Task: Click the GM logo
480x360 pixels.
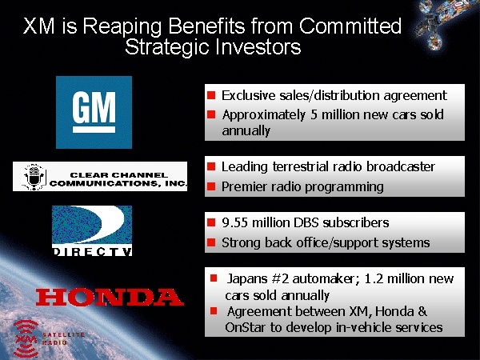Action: coord(94,112)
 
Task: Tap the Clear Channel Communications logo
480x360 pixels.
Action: coord(100,177)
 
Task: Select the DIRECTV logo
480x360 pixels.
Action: coord(92,231)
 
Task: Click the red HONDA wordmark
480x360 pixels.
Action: coord(110,297)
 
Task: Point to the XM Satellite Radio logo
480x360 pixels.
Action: coord(46,338)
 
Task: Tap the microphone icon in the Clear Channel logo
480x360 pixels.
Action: coord(34,177)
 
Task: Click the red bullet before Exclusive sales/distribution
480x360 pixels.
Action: coord(211,95)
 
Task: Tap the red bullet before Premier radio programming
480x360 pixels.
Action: coord(211,186)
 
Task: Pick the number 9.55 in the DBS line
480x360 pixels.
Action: coord(234,222)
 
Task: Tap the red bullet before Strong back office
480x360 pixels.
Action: coord(211,242)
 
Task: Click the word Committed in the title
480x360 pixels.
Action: coord(350,26)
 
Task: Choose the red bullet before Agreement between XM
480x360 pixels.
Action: coord(214,311)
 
